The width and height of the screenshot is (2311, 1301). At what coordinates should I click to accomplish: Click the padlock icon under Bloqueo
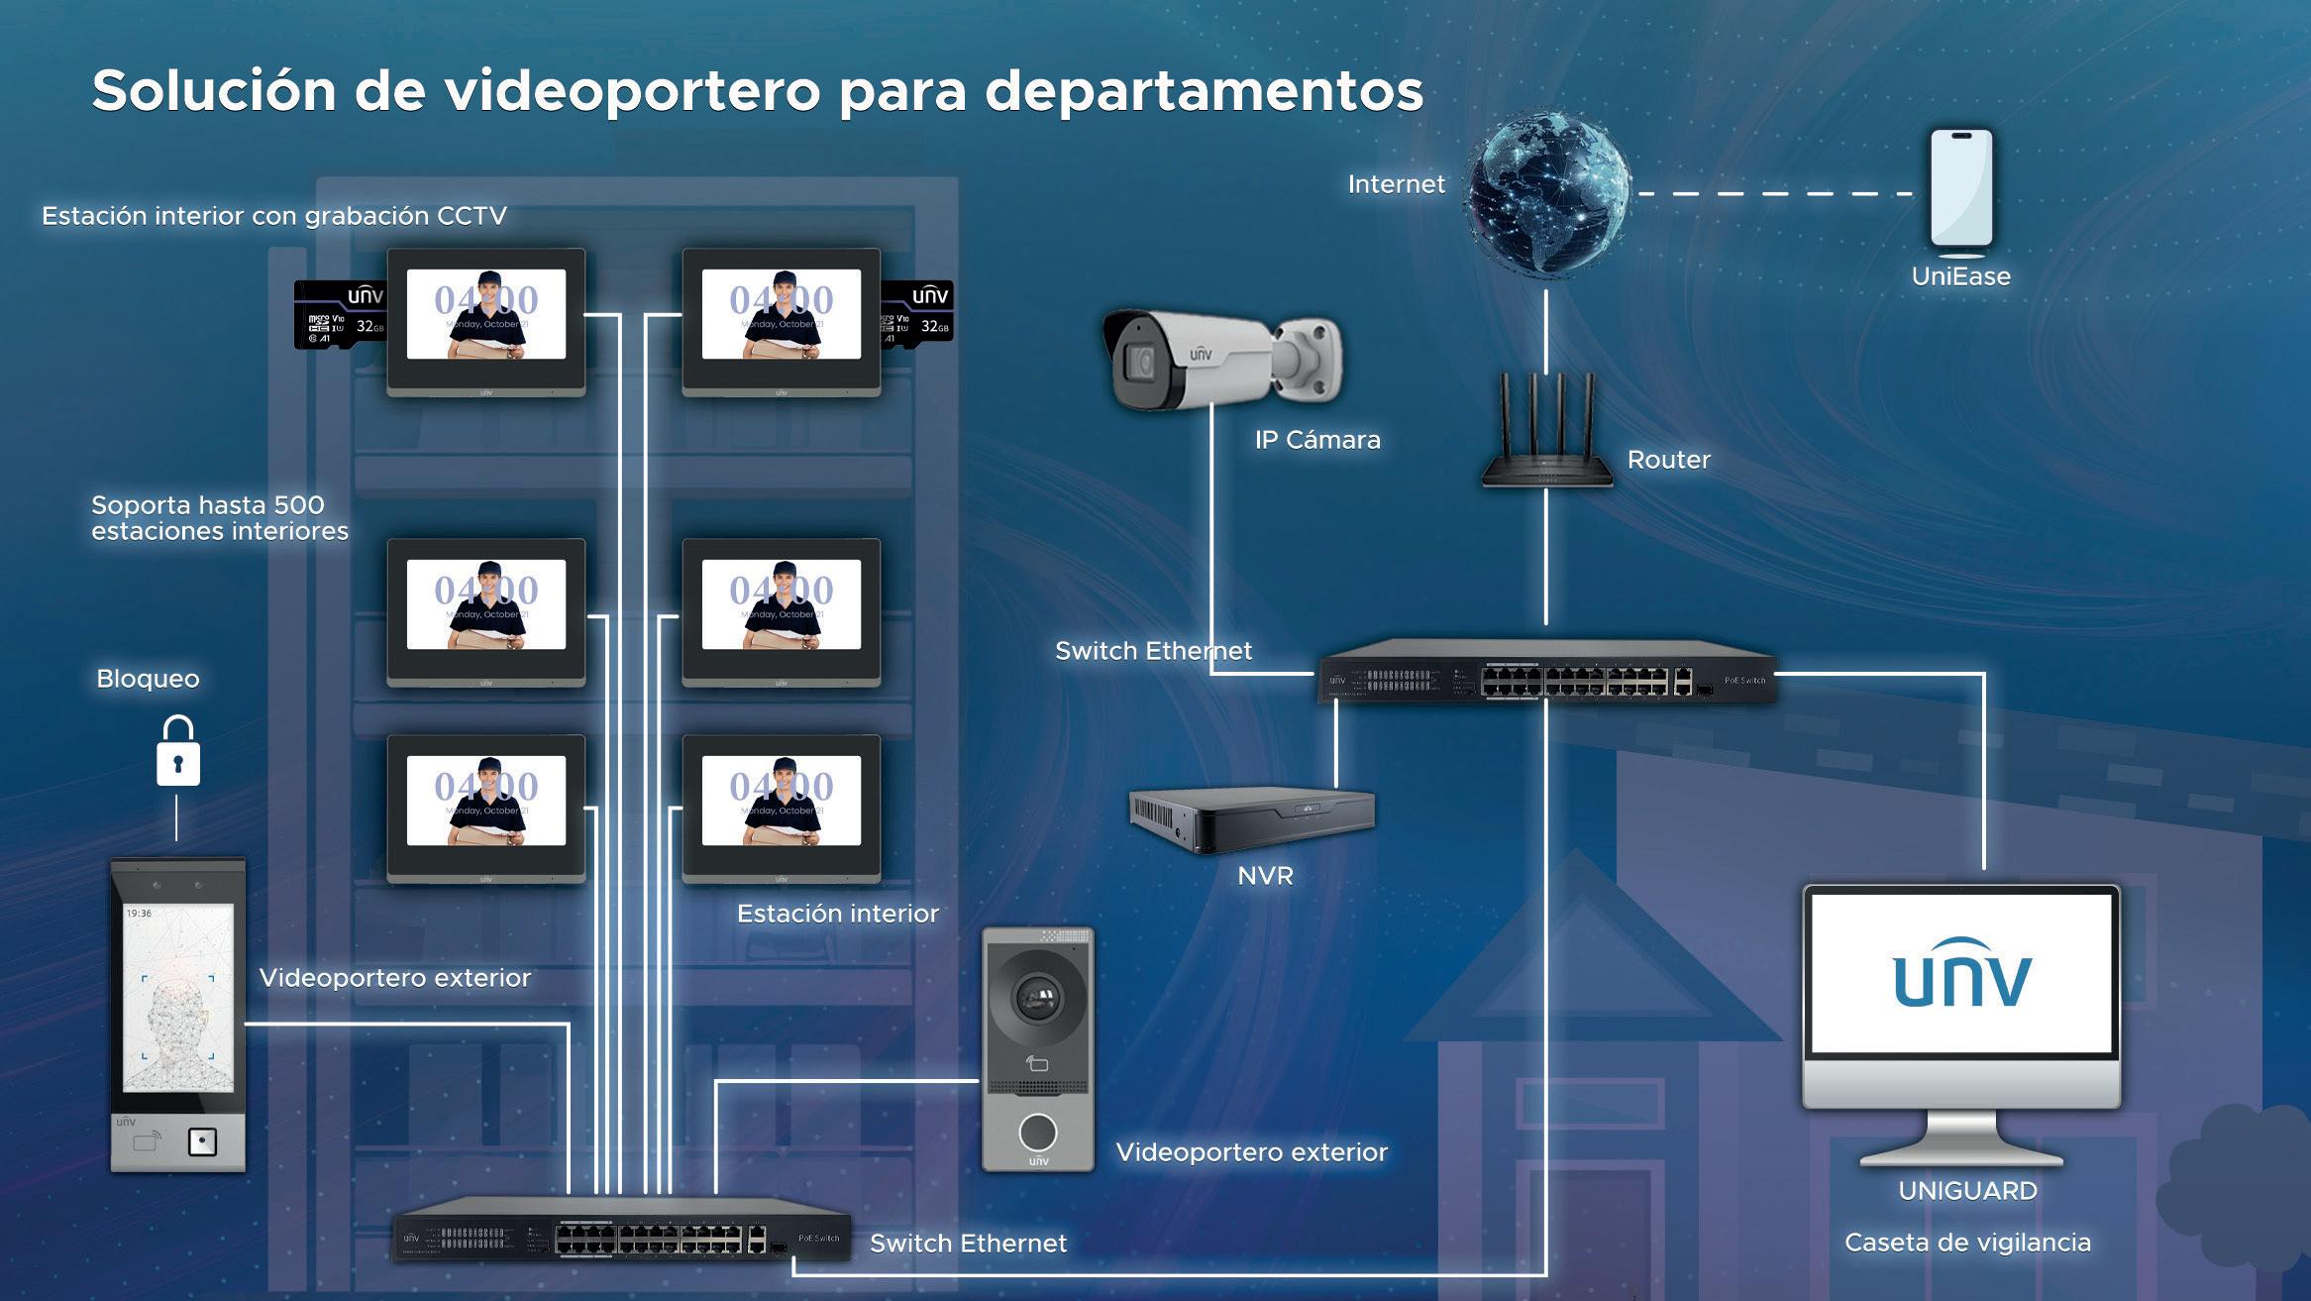(x=178, y=754)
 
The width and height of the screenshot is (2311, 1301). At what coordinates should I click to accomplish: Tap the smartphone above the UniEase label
(x=1961, y=190)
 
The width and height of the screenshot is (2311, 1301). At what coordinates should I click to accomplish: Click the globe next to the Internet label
(x=1547, y=192)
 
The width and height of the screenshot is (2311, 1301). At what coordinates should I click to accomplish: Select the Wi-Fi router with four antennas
(x=1546, y=436)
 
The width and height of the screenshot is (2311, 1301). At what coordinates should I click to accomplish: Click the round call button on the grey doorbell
(x=1037, y=1131)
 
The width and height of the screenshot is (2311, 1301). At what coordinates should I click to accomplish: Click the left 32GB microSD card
(x=340, y=313)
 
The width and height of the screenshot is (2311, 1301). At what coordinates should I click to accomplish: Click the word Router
(x=1668, y=460)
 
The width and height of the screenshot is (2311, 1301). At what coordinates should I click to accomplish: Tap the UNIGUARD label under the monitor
(x=1967, y=1191)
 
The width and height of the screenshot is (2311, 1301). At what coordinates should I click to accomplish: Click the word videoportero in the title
(x=632, y=91)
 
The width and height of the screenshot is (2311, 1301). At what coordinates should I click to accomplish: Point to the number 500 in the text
(x=299, y=505)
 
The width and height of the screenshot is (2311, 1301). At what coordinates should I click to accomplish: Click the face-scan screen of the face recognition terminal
(x=178, y=997)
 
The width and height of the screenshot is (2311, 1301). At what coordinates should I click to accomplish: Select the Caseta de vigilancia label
(x=1967, y=1243)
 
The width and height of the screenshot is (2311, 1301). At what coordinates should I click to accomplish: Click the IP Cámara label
(x=1317, y=440)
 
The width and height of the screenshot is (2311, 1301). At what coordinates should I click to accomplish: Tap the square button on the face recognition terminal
(x=202, y=1142)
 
